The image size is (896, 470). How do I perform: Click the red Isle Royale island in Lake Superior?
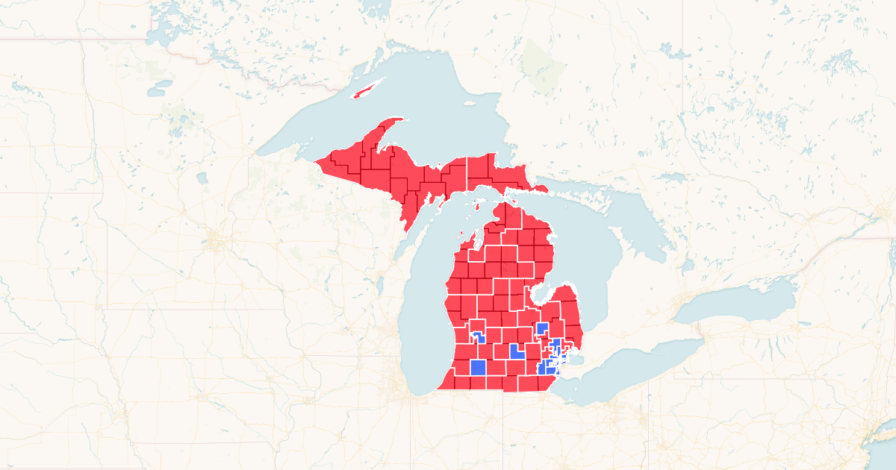(x=366, y=92)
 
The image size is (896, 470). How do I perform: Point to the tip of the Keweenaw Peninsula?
(x=401, y=119)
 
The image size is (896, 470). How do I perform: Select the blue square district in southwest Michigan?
(x=479, y=368)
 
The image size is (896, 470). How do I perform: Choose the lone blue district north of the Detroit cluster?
(x=543, y=328)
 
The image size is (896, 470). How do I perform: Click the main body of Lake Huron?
(x=597, y=254)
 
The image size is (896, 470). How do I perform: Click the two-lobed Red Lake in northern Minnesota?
(x=160, y=89)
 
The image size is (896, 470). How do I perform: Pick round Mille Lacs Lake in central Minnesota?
(x=202, y=178)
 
